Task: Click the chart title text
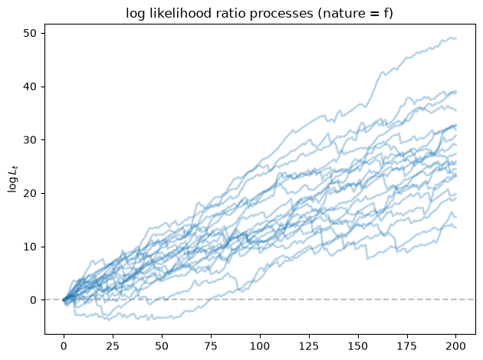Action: [x=259, y=14]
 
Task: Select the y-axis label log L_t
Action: [x=13, y=178]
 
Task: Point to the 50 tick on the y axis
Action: [x=29, y=33]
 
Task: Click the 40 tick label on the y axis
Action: [x=29, y=87]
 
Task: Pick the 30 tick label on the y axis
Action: [x=29, y=140]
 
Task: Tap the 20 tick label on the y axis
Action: [x=29, y=194]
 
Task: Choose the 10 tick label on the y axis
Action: [x=29, y=247]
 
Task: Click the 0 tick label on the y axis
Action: [x=33, y=300]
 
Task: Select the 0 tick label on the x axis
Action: [x=64, y=346]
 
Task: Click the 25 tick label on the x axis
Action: [x=113, y=346]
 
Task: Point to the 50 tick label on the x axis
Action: [x=162, y=346]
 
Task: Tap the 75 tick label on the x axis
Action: [x=211, y=346]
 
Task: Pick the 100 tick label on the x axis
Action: [x=260, y=346]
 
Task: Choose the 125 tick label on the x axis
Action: [x=309, y=346]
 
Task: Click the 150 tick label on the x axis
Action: [x=357, y=346]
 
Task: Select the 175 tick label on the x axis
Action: [x=406, y=346]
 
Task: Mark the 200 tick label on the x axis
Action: [x=455, y=346]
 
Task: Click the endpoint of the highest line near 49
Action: [x=456, y=38]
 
